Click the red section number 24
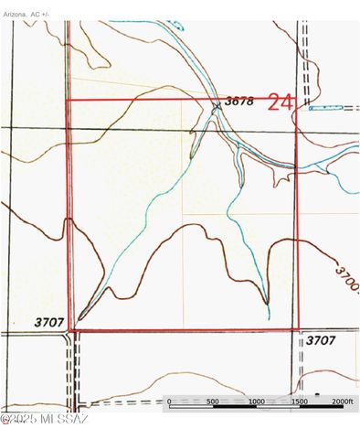280,102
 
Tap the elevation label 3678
238,101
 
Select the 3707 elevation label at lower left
49,322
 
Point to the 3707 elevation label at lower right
321,339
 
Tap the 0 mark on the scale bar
169,402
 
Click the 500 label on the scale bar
212,402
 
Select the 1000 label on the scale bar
256,402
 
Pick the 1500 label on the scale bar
299,402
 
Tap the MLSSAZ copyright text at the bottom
44,420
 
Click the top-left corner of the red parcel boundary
69,100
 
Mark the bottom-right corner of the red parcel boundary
298,328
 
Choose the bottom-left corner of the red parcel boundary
73,328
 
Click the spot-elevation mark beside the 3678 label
217,106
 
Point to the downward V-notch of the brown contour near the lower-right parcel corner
266,303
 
